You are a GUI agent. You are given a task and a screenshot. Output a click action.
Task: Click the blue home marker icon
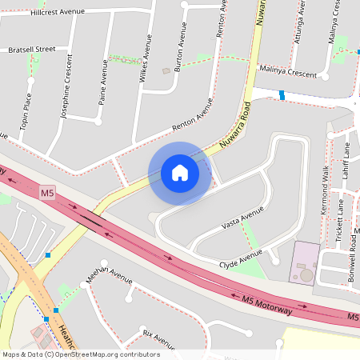pos(180,173)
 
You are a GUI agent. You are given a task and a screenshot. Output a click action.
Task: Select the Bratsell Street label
pos(32,50)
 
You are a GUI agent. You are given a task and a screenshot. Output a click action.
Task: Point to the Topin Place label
pos(26,112)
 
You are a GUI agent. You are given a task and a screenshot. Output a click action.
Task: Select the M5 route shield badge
pos(48,193)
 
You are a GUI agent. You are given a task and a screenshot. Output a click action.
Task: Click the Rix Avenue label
pos(158,334)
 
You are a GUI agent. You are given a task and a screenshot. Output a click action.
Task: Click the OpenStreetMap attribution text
pos(81,354)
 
